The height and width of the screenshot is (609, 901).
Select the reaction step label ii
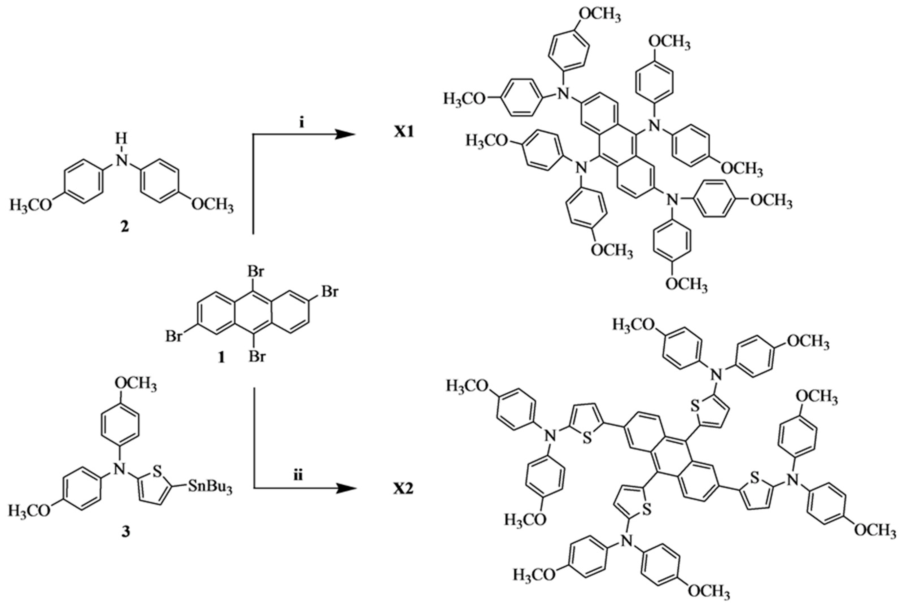point(298,476)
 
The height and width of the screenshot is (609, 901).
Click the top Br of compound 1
point(256,272)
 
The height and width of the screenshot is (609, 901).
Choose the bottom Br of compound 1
point(257,356)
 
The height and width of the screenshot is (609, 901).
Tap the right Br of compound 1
point(330,291)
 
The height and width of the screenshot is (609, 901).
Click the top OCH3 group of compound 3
point(136,385)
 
